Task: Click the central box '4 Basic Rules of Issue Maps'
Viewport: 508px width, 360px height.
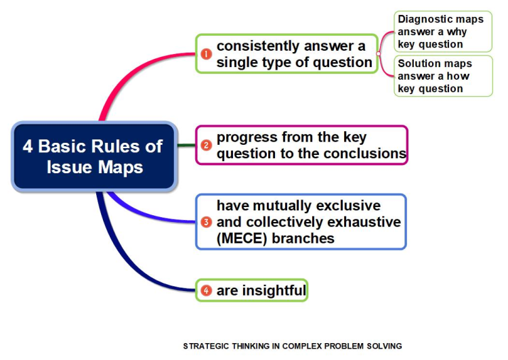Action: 95,157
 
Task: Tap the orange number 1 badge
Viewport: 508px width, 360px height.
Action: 206,53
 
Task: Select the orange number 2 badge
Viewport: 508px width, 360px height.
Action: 206,145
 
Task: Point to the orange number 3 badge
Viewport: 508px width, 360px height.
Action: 206,222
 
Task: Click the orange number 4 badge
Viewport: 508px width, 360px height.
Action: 206,290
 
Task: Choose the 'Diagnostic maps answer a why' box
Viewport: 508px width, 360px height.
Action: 443,31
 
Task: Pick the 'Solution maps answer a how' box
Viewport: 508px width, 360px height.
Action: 443,76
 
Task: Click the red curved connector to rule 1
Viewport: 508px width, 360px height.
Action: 129,73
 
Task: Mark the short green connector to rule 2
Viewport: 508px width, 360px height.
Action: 187,145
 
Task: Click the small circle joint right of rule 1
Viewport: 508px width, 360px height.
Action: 379,53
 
